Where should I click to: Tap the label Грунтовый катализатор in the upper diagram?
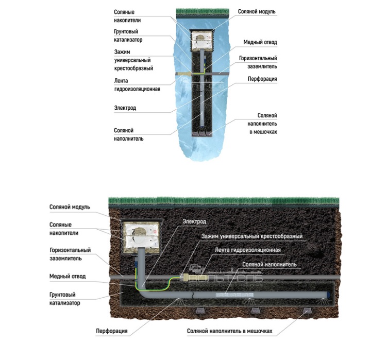click(128, 35)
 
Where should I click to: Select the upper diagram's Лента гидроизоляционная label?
click(137, 84)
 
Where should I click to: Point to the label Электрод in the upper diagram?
click(125, 108)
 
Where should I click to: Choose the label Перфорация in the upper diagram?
click(262, 79)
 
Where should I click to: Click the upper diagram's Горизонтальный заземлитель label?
click(258, 62)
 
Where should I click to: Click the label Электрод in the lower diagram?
click(194, 221)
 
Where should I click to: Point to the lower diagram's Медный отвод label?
click(68, 276)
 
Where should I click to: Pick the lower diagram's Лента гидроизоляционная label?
click(247, 250)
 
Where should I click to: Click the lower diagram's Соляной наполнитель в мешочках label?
click(229, 331)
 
